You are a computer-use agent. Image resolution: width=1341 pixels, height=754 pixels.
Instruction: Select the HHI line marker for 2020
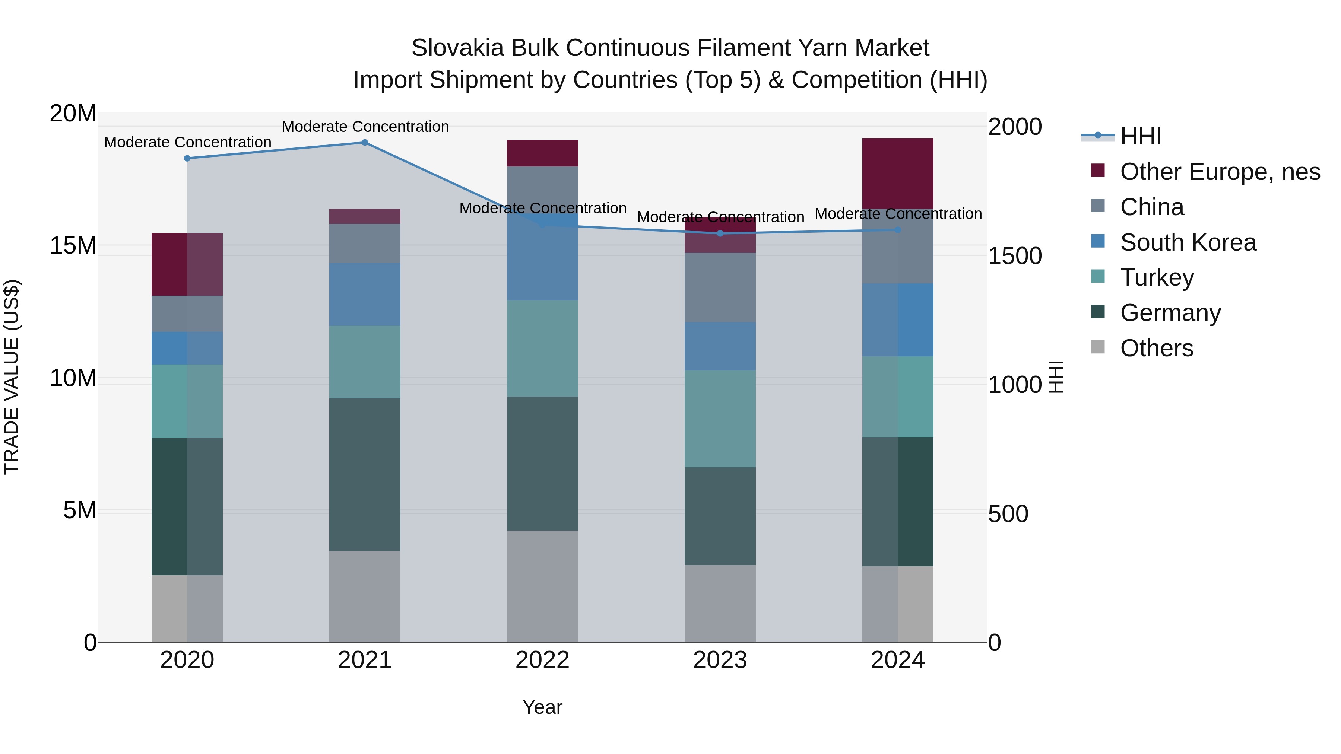click(187, 158)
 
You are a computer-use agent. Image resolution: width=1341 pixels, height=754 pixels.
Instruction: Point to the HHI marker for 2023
click(720, 233)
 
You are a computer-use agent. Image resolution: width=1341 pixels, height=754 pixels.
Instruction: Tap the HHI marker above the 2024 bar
click(898, 229)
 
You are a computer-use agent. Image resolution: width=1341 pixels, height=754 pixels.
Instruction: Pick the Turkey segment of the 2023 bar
click(720, 419)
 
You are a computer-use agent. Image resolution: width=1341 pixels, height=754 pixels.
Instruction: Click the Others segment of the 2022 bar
click(542, 586)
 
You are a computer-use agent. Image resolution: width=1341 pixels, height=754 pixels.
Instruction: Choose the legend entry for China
click(1151, 207)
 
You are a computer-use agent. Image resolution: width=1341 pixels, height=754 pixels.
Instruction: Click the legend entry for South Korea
click(1188, 242)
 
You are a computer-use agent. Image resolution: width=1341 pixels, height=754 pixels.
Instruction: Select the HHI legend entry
click(1140, 136)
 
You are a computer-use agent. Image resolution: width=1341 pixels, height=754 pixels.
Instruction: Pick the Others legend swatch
click(1097, 347)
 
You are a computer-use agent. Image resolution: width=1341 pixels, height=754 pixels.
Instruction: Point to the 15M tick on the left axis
click(73, 246)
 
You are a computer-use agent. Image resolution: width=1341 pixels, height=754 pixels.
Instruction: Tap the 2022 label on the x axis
click(542, 660)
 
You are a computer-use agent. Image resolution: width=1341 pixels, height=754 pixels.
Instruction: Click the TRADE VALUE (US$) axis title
click(12, 377)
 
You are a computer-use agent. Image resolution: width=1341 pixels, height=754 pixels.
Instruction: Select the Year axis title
click(542, 707)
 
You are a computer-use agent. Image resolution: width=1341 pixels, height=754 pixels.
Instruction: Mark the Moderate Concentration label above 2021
click(365, 127)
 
